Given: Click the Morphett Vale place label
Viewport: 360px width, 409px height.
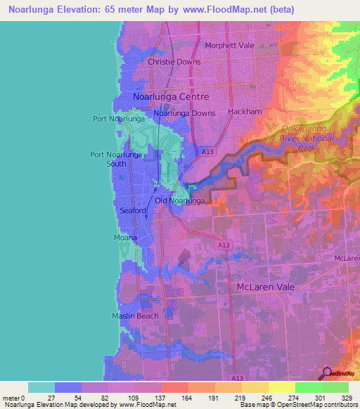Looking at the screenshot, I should (228, 46).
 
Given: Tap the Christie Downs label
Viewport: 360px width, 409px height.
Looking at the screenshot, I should (174, 62).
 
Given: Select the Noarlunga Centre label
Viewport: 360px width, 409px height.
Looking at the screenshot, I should (171, 96).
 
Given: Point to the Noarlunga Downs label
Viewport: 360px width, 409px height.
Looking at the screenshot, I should (184, 113).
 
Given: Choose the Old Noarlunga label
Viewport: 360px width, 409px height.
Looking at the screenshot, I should (180, 201).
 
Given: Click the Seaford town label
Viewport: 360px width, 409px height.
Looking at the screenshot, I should (132, 211).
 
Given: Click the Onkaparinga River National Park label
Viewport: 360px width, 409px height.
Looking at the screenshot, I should (306, 138).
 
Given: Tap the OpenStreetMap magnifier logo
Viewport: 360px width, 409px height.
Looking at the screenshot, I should (326, 373).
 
